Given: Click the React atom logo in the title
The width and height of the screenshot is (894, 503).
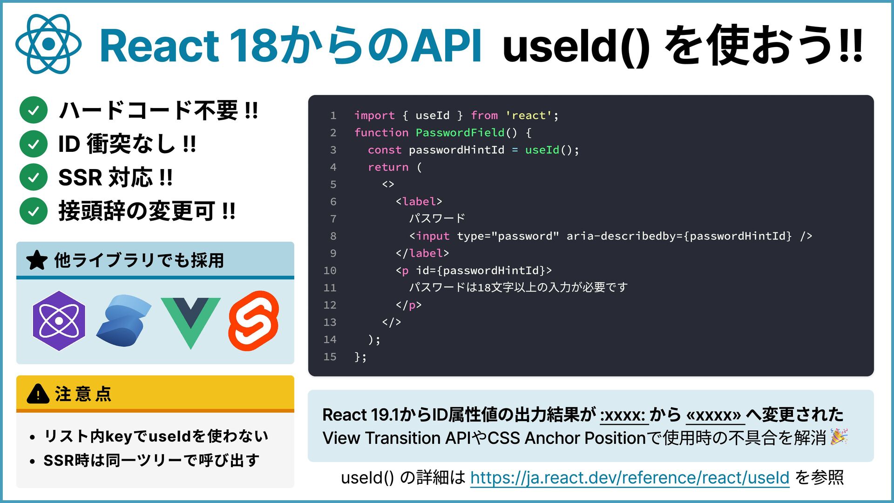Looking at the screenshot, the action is pyautogui.click(x=48, y=44).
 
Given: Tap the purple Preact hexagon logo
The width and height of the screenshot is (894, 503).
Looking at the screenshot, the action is pyautogui.click(x=59, y=321).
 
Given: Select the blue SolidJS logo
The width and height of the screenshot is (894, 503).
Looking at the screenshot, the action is pyautogui.click(x=124, y=321).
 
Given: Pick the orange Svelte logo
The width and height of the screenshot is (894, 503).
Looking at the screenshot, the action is pyautogui.click(x=254, y=321).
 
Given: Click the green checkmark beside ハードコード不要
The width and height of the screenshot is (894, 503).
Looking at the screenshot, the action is pyautogui.click(x=34, y=110).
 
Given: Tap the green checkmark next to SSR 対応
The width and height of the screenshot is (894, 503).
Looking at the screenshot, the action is pyautogui.click(x=34, y=177).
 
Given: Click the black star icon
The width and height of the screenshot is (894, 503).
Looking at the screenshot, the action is pyautogui.click(x=37, y=260).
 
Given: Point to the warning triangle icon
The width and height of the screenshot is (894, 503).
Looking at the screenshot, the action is pyautogui.click(x=38, y=394).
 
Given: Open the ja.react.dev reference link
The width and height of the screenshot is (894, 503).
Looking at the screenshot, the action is pyautogui.click(x=630, y=477).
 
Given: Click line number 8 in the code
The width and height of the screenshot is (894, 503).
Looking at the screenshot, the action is pyautogui.click(x=333, y=236).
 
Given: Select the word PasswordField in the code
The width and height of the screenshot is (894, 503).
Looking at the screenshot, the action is pyautogui.click(x=460, y=133).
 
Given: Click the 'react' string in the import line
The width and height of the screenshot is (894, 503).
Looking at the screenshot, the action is pyautogui.click(x=529, y=116).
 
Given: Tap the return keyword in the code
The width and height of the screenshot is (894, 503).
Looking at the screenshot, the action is pyautogui.click(x=388, y=167).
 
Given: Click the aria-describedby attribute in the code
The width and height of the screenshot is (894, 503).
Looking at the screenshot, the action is pyautogui.click(x=624, y=236).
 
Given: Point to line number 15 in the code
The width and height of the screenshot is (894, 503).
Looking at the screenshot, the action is pyautogui.click(x=330, y=357).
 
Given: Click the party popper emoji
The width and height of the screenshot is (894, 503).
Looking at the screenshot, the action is pyautogui.click(x=839, y=437).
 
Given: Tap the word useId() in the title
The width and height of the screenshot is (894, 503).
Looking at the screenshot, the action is pyautogui.click(x=576, y=46).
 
